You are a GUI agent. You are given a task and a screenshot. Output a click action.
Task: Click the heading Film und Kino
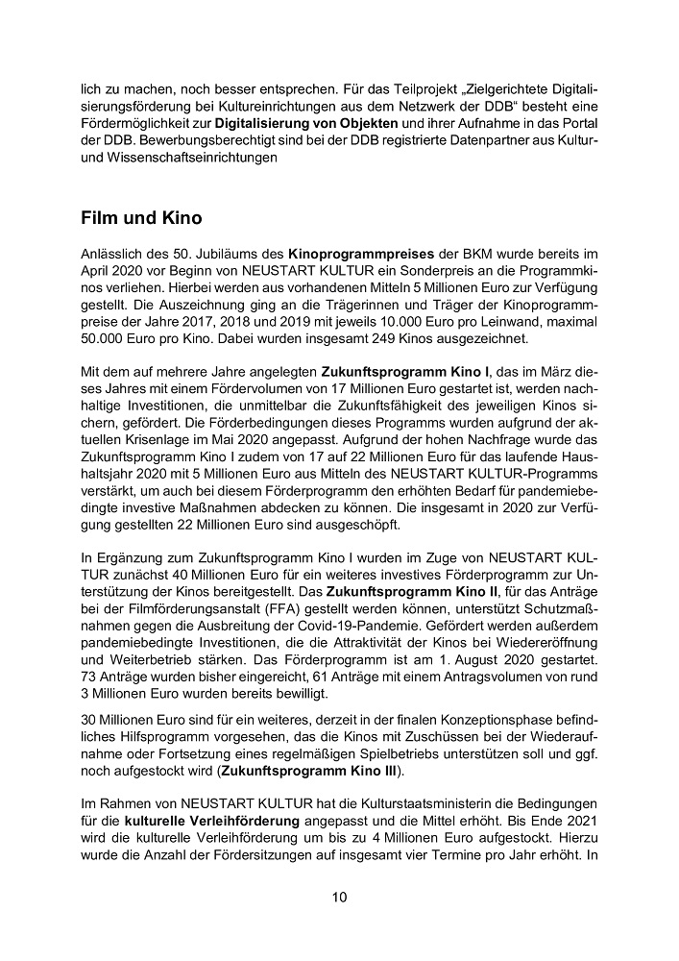click(x=141, y=218)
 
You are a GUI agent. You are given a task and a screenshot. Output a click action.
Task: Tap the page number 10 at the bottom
click(x=339, y=898)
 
